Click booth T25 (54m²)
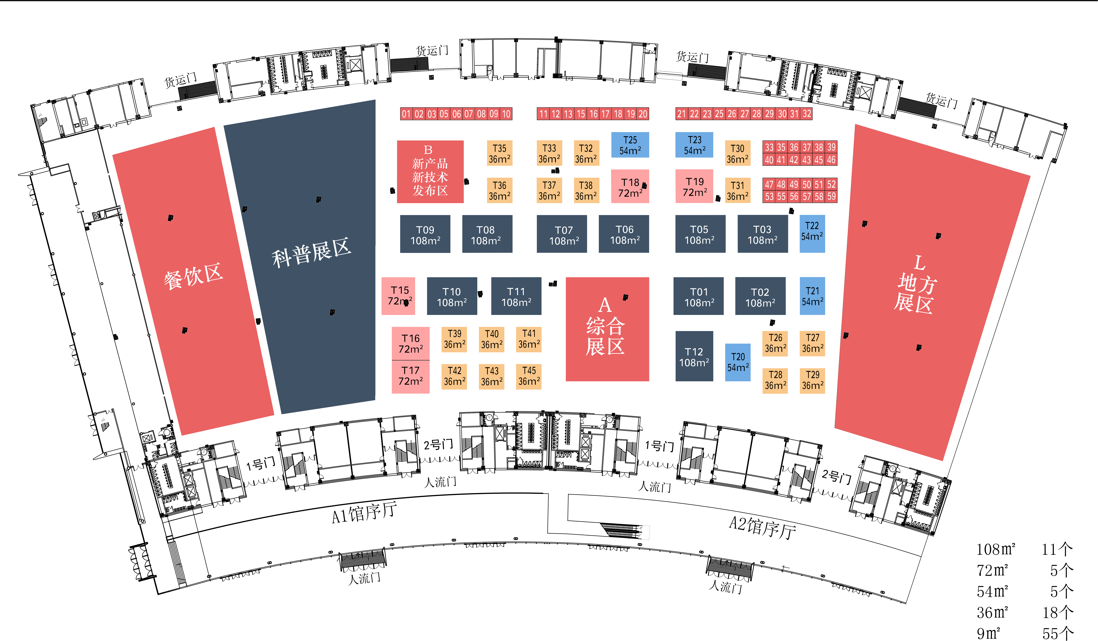pyautogui.click(x=630, y=145)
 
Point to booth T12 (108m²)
pyautogui.click(x=694, y=356)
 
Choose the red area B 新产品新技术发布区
pyautogui.click(x=430, y=171)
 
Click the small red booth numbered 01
pyautogui.click(x=406, y=114)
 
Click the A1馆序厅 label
pyautogui.click(x=364, y=513)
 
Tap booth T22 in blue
pyautogui.click(x=812, y=234)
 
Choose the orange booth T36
pyautogui.click(x=499, y=191)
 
